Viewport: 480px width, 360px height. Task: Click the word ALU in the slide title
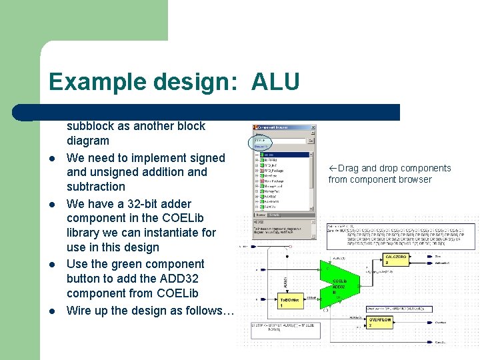point(275,82)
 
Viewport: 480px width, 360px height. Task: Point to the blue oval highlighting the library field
point(259,141)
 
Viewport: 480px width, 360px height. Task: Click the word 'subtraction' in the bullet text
point(96,187)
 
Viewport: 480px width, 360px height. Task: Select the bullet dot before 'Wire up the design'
point(51,311)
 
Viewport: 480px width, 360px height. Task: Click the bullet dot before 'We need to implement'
point(51,159)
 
